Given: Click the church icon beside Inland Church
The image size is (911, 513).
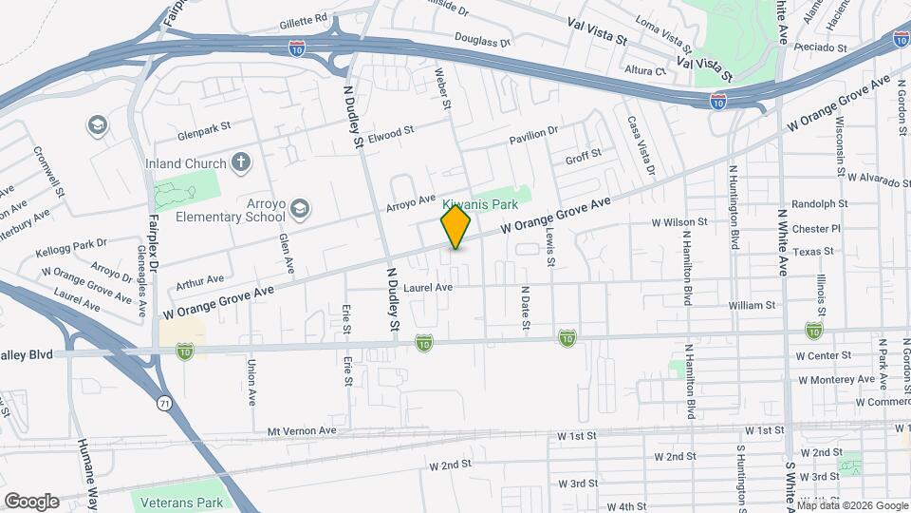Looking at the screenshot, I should (241, 161).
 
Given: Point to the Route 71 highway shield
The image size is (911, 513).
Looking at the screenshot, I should (166, 404).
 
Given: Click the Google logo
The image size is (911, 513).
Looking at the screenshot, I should (31, 502).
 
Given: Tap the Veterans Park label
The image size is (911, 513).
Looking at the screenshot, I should (181, 502).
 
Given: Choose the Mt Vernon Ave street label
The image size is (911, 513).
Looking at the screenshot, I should (302, 430).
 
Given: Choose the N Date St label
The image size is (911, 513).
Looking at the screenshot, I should (524, 308).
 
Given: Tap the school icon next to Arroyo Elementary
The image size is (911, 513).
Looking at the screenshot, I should (300, 208).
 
